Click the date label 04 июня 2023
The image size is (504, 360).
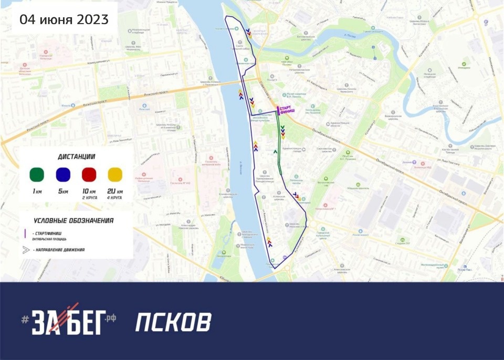(64, 20)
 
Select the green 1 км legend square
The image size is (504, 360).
(37, 174)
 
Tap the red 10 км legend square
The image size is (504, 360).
(89, 174)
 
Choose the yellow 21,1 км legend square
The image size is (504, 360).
(114, 174)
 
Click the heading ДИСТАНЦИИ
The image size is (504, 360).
(77, 156)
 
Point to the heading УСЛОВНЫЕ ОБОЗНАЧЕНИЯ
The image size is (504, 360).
(73, 220)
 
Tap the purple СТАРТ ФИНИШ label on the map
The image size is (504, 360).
(287, 110)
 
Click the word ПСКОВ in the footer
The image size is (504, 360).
(173, 322)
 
